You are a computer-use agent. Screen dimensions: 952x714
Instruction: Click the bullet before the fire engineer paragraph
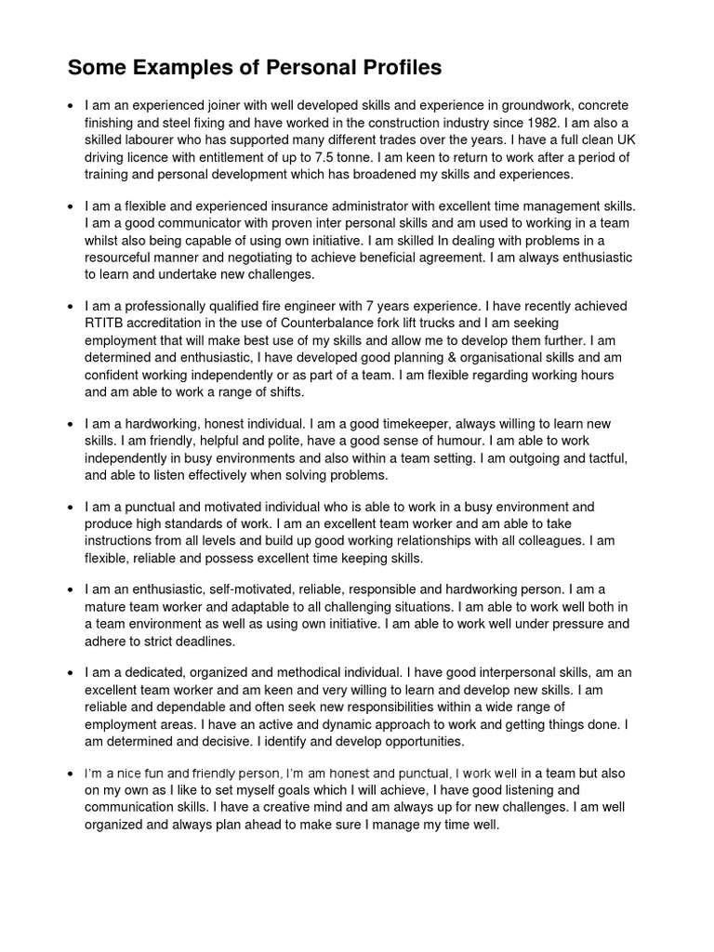(x=71, y=306)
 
